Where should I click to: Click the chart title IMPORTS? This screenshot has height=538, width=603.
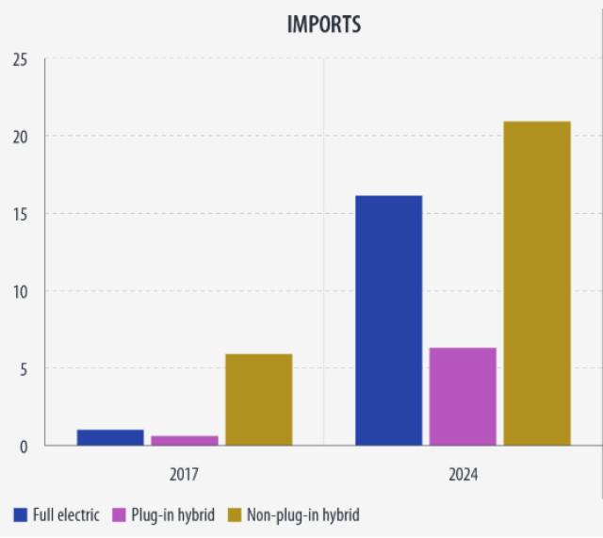pos(324,24)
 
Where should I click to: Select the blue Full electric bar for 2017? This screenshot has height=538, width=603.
pos(110,437)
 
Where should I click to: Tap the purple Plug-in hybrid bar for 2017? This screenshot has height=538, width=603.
pos(185,440)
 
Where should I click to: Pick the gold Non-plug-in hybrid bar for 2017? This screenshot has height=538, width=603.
pos(258,399)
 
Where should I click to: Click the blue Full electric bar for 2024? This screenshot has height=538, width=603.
pos(388,320)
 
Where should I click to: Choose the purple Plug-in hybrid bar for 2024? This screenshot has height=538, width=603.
pos(463,397)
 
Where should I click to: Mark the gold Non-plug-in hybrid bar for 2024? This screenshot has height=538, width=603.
pos(537,283)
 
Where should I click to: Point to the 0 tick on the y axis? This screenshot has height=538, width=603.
pos(23,446)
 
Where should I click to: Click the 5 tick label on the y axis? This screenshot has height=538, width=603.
pos(23,368)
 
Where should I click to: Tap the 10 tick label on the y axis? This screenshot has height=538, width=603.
pos(20,291)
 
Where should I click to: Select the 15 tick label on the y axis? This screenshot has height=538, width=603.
pos(20,214)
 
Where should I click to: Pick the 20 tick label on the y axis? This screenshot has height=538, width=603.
pos(20,137)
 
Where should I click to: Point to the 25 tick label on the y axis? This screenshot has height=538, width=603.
pos(20,59)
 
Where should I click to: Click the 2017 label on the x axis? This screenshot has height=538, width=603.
pos(184,474)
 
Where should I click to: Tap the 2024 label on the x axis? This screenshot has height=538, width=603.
pos(463,474)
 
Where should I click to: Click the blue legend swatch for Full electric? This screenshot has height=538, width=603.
pos(20,514)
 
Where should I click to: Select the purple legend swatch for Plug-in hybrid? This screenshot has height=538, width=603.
pos(120,514)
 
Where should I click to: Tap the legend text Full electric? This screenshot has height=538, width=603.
pos(66,514)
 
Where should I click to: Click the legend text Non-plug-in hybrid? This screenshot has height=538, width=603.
pos(302,514)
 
